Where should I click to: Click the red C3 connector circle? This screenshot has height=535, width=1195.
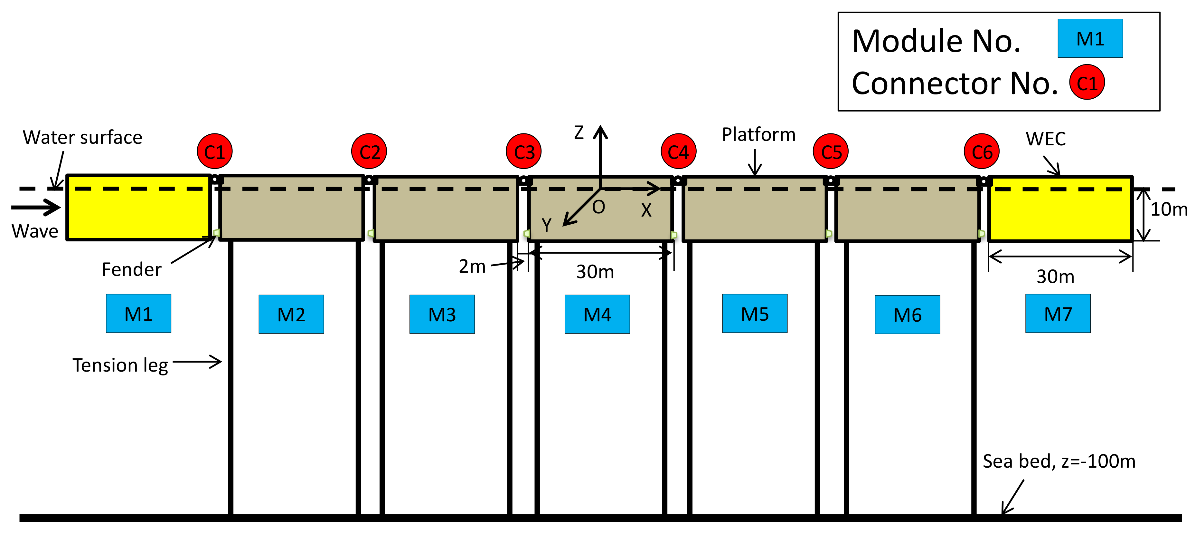pyautogui.click(x=524, y=151)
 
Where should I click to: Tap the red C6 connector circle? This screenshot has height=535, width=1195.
pyautogui.click(x=982, y=151)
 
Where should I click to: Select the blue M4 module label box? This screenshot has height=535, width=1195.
pyautogui.click(x=597, y=315)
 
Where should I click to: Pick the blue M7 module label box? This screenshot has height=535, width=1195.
pyautogui.click(x=1058, y=314)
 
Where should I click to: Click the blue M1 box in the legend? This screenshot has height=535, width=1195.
pyautogui.click(x=1090, y=39)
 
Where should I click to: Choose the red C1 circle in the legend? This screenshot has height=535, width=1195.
pyautogui.click(x=1087, y=83)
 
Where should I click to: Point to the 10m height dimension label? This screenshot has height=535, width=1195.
pyautogui.click(x=1168, y=209)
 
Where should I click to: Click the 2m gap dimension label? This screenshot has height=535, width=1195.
pyautogui.click(x=472, y=267)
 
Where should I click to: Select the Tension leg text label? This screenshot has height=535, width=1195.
pyautogui.click(x=120, y=365)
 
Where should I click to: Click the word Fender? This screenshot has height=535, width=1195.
pyautogui.click(x=131, y=269)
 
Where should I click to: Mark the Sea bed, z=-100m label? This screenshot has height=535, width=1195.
pyautogui.click(x=1059, y=461)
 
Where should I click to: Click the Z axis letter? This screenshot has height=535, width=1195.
pyautogui.click(x=579, y=133)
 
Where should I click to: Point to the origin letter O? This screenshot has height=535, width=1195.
pyautogui.click(x=598, y=207)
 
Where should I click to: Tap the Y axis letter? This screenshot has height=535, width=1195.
pyautogui.click(x=546, y=225)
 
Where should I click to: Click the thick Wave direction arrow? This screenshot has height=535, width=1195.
pyautogui.click(x=36, y=207)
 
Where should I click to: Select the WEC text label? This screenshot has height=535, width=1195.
pyautogui.click(x=1046, y=139)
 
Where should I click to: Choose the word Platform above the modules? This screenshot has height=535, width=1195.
pyautogui.click(x=758, y=135)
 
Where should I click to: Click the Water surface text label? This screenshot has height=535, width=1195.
pyautogui.click(x=82, y=138)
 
